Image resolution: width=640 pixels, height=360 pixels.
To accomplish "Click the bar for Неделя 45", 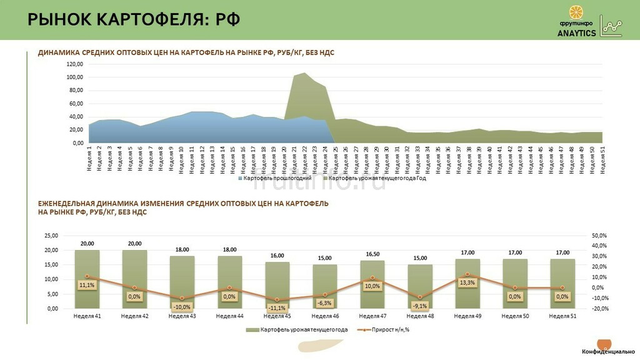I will (277, 284).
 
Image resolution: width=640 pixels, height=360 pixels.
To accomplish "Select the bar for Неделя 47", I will (372, 284).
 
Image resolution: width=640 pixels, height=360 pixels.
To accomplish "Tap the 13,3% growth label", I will (467, 282).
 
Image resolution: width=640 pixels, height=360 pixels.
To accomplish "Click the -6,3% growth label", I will (324, 302).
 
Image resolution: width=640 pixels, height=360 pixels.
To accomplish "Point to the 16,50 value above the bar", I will (372, 254).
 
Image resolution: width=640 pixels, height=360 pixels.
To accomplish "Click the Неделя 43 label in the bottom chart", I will (182, 316).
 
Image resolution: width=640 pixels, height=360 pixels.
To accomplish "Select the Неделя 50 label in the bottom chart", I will (515, 316).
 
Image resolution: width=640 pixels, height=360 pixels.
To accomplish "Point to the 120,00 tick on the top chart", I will (75, 64).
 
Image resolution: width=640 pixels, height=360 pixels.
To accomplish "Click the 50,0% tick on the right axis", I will (598, 236).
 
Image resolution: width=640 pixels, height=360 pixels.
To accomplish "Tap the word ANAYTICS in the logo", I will (576, 33).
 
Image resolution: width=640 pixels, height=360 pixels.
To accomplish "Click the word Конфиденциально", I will (608, 352).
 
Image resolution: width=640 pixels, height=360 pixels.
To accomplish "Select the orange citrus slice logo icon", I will (577, 13).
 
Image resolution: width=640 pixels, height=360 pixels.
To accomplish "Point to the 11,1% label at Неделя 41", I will (87, 285).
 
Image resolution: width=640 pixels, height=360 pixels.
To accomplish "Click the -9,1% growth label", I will (419, 306).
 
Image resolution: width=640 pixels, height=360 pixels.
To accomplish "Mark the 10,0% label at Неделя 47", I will (372, 286).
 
